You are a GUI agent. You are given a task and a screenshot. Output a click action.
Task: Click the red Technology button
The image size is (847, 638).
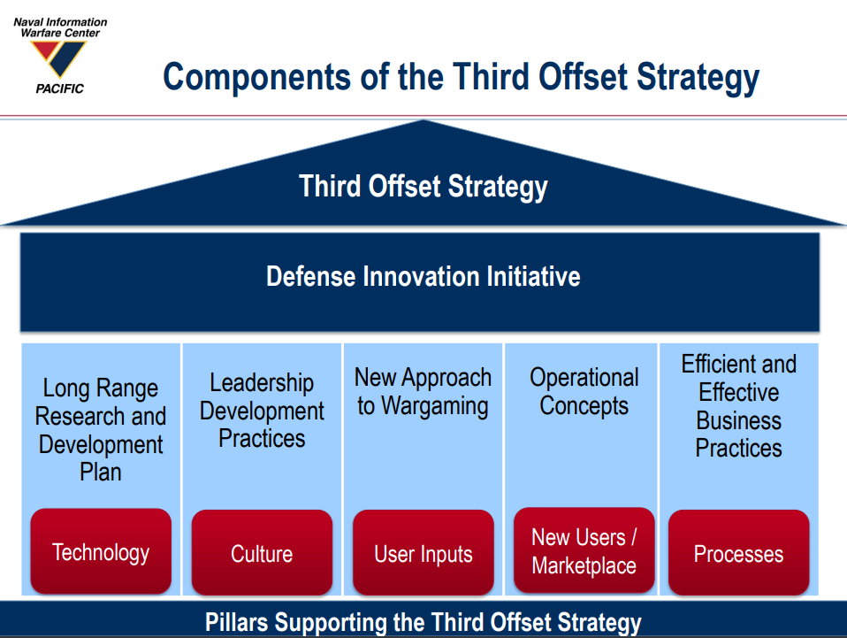[101, 551]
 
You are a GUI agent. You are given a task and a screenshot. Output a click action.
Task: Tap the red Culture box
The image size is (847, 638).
[262, 552]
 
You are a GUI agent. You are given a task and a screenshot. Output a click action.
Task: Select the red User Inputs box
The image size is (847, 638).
[423, 552]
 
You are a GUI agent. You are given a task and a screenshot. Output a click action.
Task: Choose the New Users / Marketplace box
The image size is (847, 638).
[584, 550]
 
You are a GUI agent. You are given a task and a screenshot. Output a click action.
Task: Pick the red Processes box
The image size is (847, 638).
[738, 552]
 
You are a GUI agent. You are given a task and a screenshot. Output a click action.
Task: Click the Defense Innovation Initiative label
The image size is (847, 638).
[423, 276]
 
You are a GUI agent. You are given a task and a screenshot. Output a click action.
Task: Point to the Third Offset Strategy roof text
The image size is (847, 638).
[423, 187]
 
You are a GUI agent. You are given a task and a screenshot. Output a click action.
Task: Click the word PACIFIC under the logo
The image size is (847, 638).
[60, 88]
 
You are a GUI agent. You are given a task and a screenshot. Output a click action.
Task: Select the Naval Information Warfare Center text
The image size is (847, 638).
[60, 27]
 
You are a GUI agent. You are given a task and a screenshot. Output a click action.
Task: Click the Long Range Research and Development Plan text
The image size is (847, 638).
[101, 430]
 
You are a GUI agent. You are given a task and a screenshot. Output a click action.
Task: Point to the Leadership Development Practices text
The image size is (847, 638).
[262, 411]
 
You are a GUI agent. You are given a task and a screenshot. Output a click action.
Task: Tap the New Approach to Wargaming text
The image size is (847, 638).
[423, 392]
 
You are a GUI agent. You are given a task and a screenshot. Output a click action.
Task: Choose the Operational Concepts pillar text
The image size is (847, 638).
[584, 391]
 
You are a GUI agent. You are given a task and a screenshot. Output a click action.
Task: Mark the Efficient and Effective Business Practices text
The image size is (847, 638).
[738, 406]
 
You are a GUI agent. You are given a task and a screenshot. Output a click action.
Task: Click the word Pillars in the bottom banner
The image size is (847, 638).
[237, 622]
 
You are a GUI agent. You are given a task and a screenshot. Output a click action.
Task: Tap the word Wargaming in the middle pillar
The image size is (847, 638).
[435, 406]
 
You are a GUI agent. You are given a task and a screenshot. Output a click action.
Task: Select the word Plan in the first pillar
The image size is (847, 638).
[101, 472]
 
